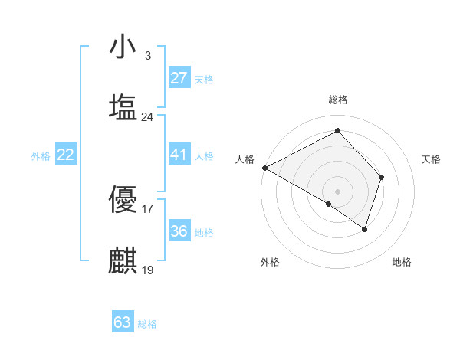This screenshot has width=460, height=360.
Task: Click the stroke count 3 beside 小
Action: tap(147, 56)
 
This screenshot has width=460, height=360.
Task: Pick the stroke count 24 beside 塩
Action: tap(148, 117)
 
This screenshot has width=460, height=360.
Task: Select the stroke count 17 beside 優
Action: tap(148, 208)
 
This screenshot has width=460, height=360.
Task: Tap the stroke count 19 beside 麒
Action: tap(148, 270)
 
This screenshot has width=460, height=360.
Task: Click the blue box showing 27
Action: tap(179, 78)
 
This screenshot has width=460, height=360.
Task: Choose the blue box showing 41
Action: tap(179, 155)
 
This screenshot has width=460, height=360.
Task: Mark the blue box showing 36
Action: tap(179, 231)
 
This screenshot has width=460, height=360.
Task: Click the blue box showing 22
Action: tap(65, 155)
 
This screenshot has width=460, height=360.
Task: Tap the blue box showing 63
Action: tap(123, 322)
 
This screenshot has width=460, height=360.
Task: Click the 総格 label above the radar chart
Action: tap(338, 100)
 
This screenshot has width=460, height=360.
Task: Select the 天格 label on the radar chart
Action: tap(431, 159)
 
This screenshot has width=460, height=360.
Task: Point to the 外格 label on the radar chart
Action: tap(270, 262)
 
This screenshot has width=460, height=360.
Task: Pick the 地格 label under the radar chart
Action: tap(402, 262)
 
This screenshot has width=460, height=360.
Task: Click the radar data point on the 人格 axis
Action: tap(264, 167)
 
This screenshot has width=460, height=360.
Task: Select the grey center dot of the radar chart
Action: tap(338, 191)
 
